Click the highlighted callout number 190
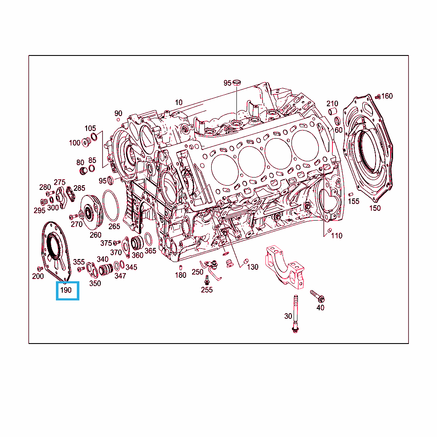(66, 290)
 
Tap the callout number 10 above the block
(179, 102)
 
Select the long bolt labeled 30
(295, 314)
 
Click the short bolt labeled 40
(318, 296)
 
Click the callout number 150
(375, 208)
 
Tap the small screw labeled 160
(378, 97)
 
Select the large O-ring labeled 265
(111, 205)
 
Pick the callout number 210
(332, 104)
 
